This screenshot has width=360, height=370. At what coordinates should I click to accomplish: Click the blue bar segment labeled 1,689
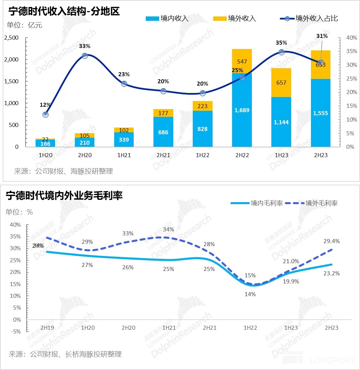[242, 110]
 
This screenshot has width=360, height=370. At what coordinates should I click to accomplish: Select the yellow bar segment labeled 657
[281, 83]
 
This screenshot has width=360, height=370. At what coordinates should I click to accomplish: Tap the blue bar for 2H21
[163, 132]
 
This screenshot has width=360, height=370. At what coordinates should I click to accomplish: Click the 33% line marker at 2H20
[85, 56]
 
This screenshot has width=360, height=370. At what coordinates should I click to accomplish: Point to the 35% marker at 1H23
[281, 52]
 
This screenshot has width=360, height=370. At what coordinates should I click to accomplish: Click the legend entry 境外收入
[235, 19]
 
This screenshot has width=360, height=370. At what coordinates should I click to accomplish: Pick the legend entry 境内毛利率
[257, 203]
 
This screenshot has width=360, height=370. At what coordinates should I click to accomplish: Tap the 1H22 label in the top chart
[203, 155]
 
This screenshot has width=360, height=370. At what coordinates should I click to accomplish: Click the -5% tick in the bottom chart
[16, 331]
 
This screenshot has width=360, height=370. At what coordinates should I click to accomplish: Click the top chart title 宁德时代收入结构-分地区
[64, 11]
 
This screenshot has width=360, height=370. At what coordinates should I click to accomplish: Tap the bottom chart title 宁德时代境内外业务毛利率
[64, 196]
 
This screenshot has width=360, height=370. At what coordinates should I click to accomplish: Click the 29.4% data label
[331, 241]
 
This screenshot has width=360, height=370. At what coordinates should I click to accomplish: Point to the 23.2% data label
[331, 273]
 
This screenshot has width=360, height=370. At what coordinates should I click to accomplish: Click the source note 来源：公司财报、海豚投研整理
[63, 171]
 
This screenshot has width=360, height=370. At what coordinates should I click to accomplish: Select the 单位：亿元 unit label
[25, 25]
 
